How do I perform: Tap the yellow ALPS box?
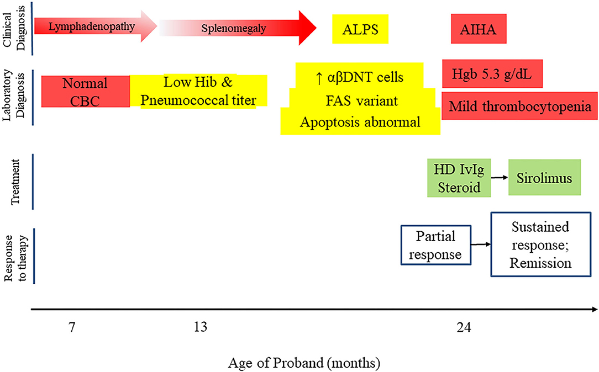(360, 29)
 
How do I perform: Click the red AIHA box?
(479, 29)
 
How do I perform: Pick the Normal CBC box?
(86, 92)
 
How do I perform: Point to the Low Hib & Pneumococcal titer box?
(198, 91)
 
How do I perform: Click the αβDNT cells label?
(360, 77)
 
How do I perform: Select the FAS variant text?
(362, 100)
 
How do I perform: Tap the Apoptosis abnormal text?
(360, 122)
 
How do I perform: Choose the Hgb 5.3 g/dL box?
(492, 73)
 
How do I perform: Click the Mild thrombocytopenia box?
(519, 105)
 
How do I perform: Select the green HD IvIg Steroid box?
(459, 178)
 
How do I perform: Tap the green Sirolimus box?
(544, 177)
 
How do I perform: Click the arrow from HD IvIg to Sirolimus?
(500, 177)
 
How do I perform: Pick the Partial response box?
(436, 245)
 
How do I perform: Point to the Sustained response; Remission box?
(540, 244)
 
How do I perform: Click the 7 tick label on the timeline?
(72, 327)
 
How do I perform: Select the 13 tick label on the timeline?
(201, 327)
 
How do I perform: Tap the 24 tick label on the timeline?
(464, 327)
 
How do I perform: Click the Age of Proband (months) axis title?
(304, 363)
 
